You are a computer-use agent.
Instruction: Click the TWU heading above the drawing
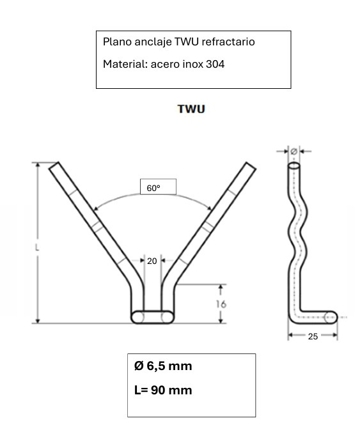pyautogui.click(x=191, y=109)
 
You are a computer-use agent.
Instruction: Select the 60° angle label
pyautogui.click(x=153, y=189)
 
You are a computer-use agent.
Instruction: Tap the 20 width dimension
pyautogui.click(x=152, y=261)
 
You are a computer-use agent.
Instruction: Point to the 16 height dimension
pyautogui.click(x=221, y=304)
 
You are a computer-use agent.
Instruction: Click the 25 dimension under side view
pyautogui.click(x=313, y=336)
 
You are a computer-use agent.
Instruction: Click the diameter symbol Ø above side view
pyautogui.click(x=293, y=152)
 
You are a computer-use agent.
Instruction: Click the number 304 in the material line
pyautogui.click(x=215, y=64)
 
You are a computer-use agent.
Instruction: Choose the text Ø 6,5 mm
pyautogui.click(x=163, y=366)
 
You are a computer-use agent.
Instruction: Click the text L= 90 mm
pyautogui.click(x=163, y=390)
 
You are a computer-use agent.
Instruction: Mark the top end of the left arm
pyautogui.click(x=54, y=165)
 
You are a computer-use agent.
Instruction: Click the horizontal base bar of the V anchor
pyautogui.click(x=152, y=316)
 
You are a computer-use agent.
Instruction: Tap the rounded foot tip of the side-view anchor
pyautogui.click(x=331, y=316)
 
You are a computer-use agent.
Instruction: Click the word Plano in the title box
pyautogui.click(x=116, y=42)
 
